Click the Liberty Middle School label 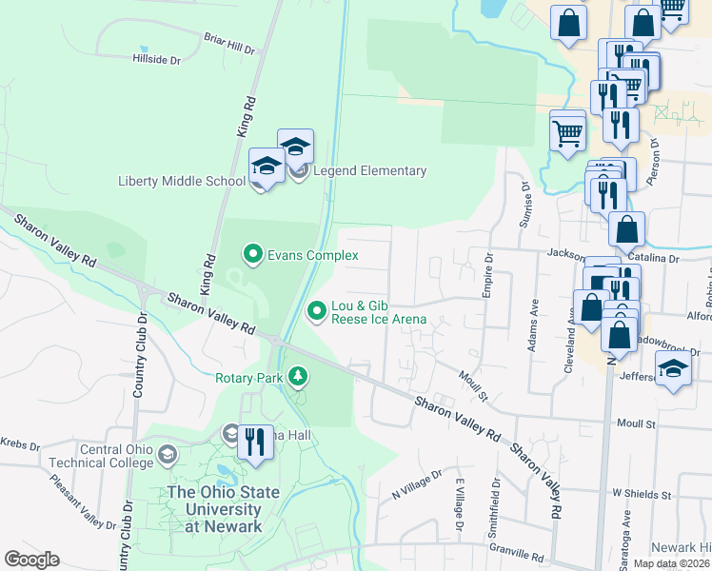pyautogui.click(x=182, y=181)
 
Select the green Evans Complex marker pyautogui.click(x=252, y=254)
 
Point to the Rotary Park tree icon pyautogui.click(x=299, y=377)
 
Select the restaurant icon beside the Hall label pyautogui.click(x=255, y=443)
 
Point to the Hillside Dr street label pyautogui.click(x=156, y=59)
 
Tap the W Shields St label pyautogui.click(x=642, y=495)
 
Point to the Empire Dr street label pyautogui.click(x=487, y=276)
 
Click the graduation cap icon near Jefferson pyautogui.click(x=674, y=368)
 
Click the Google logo pyautogui.click(x=31, y=560)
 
